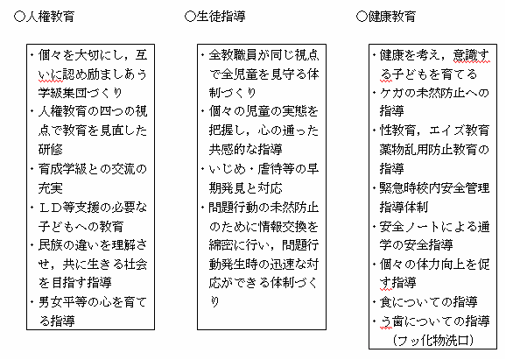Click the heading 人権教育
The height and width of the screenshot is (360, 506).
tap(50, 17)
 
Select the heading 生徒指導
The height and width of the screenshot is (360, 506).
tap(221, 17)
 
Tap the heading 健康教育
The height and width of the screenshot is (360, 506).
tap(392, 17)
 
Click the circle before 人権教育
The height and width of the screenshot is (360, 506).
tap(19, 17)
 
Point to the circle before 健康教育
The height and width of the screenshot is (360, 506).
tap(362, 17)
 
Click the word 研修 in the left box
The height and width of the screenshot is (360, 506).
tap(51, 149)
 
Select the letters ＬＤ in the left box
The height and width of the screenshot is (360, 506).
tap(51, 207)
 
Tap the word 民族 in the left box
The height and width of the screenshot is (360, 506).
tap(51, 244)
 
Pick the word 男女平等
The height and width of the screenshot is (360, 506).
tap(63, 302)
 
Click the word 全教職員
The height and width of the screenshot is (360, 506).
tap(233, 55)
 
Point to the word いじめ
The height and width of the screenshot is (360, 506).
tap(227, 169)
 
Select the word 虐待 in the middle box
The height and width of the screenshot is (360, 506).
tap(270, 169)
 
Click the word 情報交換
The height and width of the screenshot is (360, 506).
tap(282, 226)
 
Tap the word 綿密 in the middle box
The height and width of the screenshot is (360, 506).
tap(221, 245)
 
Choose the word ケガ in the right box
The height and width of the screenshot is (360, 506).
tap(392, 93)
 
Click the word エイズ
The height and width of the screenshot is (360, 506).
tap(447, 131)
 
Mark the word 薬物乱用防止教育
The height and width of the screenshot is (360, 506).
tap(428, 150)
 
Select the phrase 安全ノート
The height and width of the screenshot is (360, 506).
tap(411, 226)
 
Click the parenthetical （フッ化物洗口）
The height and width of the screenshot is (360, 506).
tap(432, 340)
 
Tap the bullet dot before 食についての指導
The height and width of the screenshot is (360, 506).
tap(374, 302)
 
